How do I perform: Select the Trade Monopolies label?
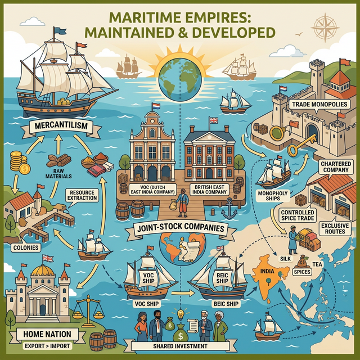point(314,105)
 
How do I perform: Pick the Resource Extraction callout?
point(82,195)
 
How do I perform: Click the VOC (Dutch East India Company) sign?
point(152,190)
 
